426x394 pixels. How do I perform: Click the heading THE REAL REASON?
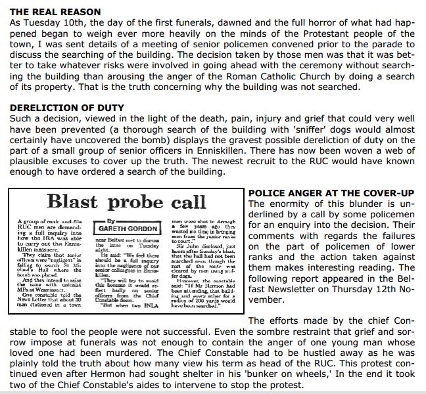click(51, 12)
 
